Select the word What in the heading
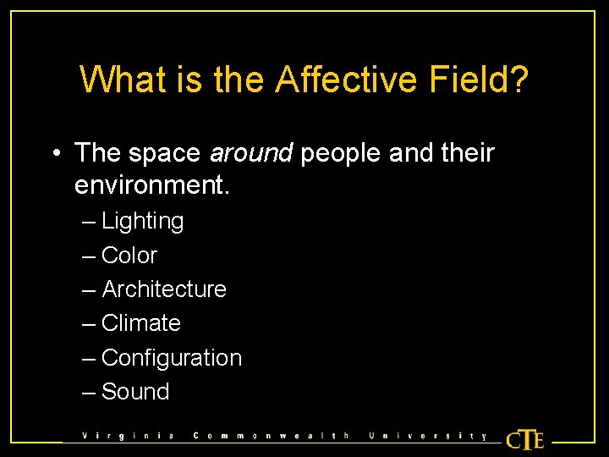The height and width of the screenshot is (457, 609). click(116, 80)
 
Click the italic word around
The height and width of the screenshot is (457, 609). click(251, 153)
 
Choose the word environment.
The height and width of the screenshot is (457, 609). click(152, 184)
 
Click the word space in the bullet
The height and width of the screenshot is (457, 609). click(164, 153)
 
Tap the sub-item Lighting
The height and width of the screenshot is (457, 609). click(142, 222)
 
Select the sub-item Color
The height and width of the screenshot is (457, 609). click(129, 256)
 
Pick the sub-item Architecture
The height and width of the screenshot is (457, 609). click(164, 289)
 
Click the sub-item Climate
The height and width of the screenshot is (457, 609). click(141, 323)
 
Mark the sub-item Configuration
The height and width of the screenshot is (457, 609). click(172, 358)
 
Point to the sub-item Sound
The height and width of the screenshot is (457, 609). click(135, 392)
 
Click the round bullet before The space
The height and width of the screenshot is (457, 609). click(54, 154)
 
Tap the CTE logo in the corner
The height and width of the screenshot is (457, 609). click(524, 439)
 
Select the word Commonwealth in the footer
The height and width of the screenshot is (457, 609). click(272, 437)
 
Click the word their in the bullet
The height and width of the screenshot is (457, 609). click(467, 153)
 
